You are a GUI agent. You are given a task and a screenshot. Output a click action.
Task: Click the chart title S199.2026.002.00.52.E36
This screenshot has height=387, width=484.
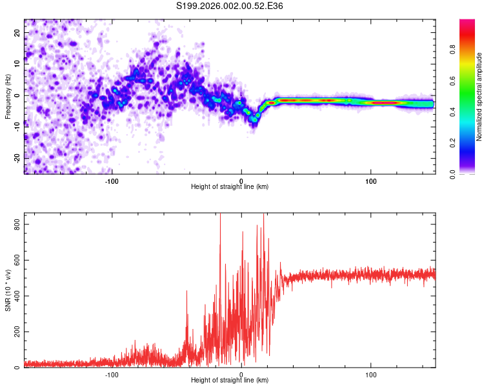pyautogui.click(x=230, y=6)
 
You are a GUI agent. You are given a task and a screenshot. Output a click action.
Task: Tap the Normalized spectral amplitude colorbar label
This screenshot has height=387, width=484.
pyautogui.click(x=479, y=97)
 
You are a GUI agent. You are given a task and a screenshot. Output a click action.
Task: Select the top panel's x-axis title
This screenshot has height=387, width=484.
pyautogui.click(x=230, y=186)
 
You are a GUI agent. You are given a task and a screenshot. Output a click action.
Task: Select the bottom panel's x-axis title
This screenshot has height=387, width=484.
pyautogui.click(x=230, y=380)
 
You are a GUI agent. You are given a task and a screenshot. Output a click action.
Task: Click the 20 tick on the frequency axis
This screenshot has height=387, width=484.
pyautogui.click(x=17, y=32)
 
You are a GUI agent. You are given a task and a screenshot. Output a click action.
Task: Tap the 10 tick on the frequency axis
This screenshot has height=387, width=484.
pyautogui.click(x=17, y=63)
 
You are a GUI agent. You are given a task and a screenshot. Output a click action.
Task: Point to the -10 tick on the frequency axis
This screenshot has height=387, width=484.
pyautogui.click(x=16, y=126)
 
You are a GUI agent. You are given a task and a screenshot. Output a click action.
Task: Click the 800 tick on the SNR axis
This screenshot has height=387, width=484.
pyautogui.click(x=14, y=224)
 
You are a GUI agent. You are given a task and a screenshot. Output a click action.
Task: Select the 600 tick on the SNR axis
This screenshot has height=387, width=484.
pyautogui.click(x=14, y=260)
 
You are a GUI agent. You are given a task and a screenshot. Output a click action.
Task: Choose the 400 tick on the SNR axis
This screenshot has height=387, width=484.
pyautogui.click(x=14, y=296)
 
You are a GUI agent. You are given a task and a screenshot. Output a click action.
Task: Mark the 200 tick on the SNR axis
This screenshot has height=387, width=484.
pyautogui.click(x=14, y=332)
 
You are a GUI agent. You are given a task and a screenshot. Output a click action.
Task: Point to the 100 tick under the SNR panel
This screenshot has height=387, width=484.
pyautogui.click(x=371, y=373)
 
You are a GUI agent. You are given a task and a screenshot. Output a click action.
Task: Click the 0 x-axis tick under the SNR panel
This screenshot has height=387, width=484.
pyautogui.click(x=241, y=373)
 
